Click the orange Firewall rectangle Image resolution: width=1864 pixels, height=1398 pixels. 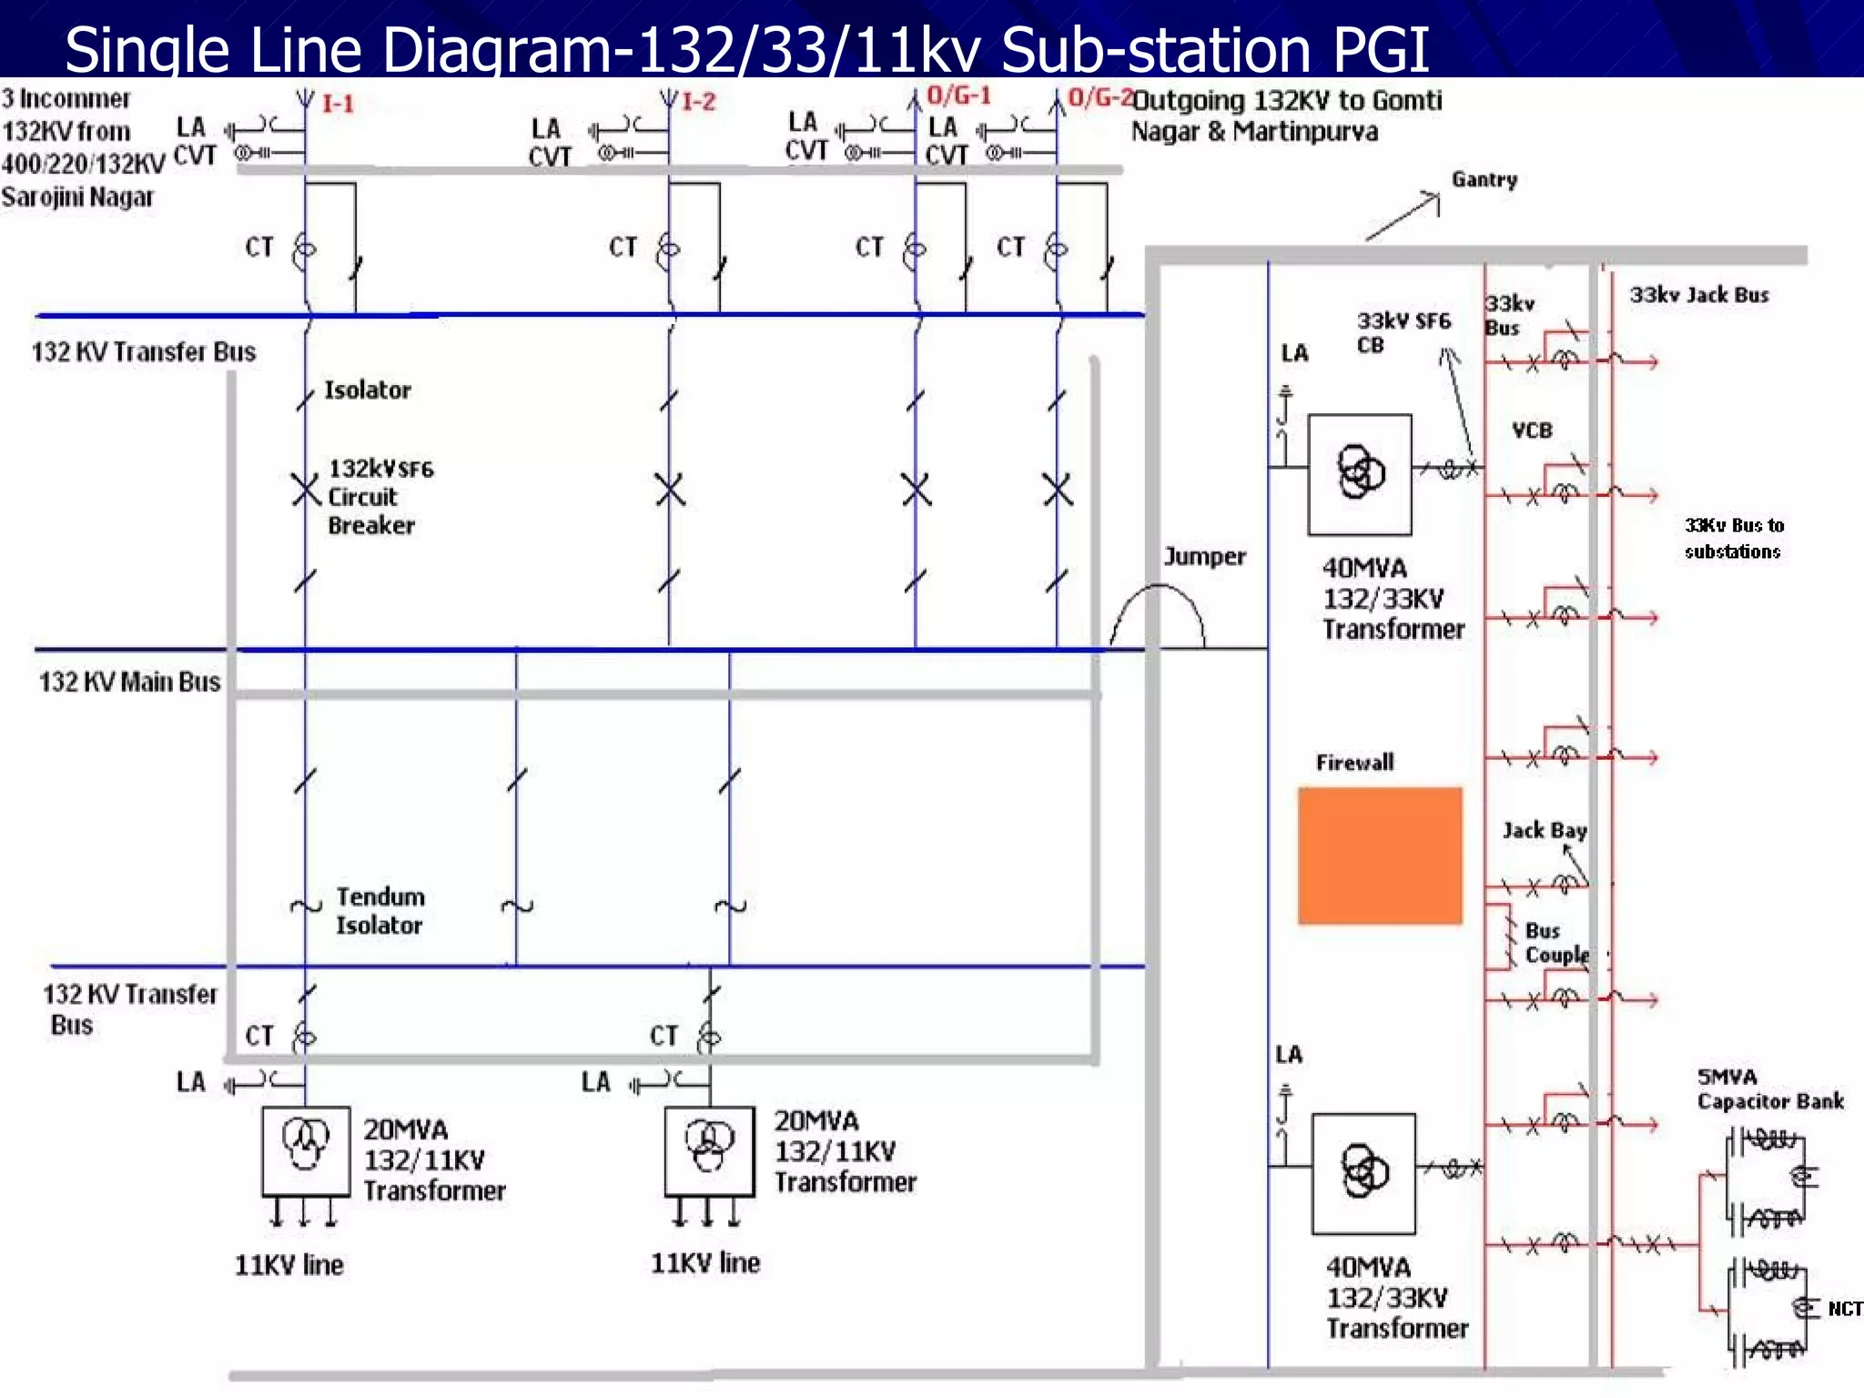click(1380, 856)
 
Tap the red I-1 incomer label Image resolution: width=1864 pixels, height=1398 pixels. click(338, 104)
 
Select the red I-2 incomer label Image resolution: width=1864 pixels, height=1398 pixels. click(699, 101)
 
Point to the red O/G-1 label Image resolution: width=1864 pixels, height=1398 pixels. click(958, 96)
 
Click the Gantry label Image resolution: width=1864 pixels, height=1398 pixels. click(1484, 179)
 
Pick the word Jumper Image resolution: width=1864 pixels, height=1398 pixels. click(1204, 556)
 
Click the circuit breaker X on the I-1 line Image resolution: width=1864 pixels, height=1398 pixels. click(306, 491)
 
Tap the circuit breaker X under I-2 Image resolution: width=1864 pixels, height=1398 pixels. click(670, 491)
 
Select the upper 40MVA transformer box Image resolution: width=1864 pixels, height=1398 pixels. click(1360, 474)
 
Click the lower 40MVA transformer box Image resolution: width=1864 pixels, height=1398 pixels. click(1363, 1173)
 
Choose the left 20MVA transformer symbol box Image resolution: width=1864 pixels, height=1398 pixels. click(306, 1150)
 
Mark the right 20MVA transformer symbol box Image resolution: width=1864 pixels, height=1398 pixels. click(709, 1150)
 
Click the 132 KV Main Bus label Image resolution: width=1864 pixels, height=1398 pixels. click(129, 682)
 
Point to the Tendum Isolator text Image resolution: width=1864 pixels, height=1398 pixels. click(380, 911)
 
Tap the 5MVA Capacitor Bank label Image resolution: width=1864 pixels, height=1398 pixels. click(1769, 1089)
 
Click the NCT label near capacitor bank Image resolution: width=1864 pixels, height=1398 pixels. click(1845, 1309)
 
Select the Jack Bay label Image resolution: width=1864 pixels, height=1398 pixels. click(1545, 830)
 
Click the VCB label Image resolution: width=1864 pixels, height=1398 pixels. click(1532, 431)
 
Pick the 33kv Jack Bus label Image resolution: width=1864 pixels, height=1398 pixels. click(1698, 295)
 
